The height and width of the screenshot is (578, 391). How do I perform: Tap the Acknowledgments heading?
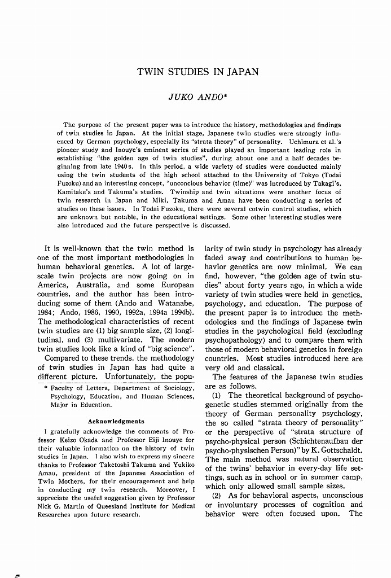tap(116, 421)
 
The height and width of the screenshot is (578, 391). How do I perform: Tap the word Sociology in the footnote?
tap(177, 388)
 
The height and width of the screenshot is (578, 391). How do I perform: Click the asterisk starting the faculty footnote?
tap(45, 388)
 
